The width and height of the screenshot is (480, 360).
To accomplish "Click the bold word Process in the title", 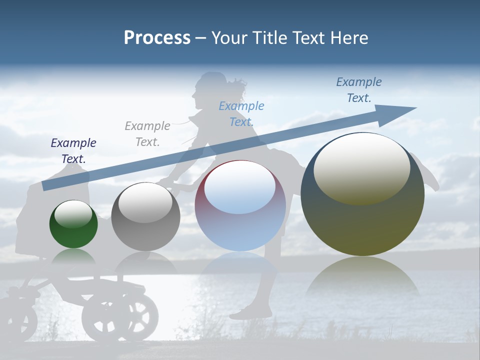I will click(157, 37).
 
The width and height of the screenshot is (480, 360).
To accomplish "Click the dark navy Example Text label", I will click(73, 151).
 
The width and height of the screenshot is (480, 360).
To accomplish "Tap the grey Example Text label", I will click(147, 134).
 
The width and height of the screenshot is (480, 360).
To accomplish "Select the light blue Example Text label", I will click(241, 114).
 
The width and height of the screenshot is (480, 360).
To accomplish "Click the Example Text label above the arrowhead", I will click(359, 90).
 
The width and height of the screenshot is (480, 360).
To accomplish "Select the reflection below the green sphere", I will click(73, 256).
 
